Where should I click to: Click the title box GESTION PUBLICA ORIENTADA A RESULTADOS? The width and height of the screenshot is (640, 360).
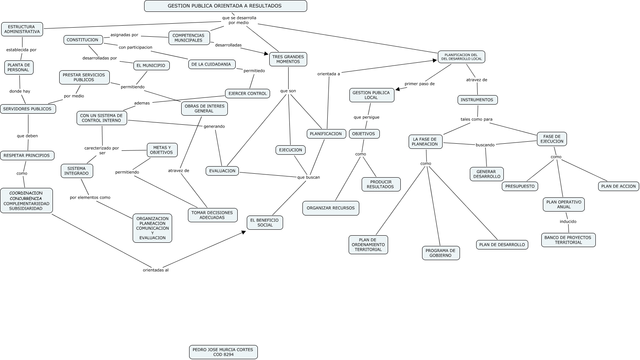tap(225, 6)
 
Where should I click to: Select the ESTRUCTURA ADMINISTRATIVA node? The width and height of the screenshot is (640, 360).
tap(22, 29)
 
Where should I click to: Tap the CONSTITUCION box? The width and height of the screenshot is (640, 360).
tap(83, 40)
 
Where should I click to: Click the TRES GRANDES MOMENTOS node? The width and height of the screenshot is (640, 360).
tap(288, 59)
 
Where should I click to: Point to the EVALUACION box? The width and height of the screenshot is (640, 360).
tap(222, 171)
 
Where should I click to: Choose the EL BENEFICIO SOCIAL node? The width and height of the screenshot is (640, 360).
tap(265, 223)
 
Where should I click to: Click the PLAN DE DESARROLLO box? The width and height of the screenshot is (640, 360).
tap(502, 245)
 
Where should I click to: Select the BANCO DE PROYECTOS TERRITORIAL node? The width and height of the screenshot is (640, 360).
tap(568, 240)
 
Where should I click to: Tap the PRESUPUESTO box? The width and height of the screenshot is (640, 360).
tap(520, 186)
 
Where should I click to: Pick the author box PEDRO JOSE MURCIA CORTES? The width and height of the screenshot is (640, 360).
tap(223, 352)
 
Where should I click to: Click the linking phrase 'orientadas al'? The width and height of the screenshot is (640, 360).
tap(156, 270)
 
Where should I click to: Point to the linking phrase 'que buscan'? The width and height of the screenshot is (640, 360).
tap(308, 177)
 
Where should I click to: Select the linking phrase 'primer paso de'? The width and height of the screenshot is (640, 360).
tap(419, 84)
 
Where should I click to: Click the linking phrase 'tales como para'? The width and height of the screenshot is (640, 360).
tap(476, 119)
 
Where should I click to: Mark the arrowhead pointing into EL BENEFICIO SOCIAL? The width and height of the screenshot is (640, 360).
tap(244, 232)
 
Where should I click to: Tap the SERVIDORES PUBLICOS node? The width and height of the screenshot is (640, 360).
tap(28, 109)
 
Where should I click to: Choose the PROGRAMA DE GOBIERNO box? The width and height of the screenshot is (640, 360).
tap(440, 253)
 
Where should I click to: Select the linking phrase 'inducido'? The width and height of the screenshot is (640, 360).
tap(568, 221)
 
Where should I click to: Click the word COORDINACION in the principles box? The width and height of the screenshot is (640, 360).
tap(26, 193)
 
